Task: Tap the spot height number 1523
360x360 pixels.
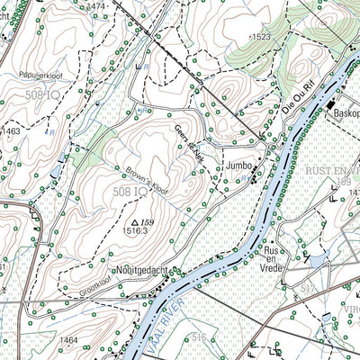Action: (x=261, y=36)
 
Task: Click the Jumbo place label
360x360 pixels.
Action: (x=239, y=166)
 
